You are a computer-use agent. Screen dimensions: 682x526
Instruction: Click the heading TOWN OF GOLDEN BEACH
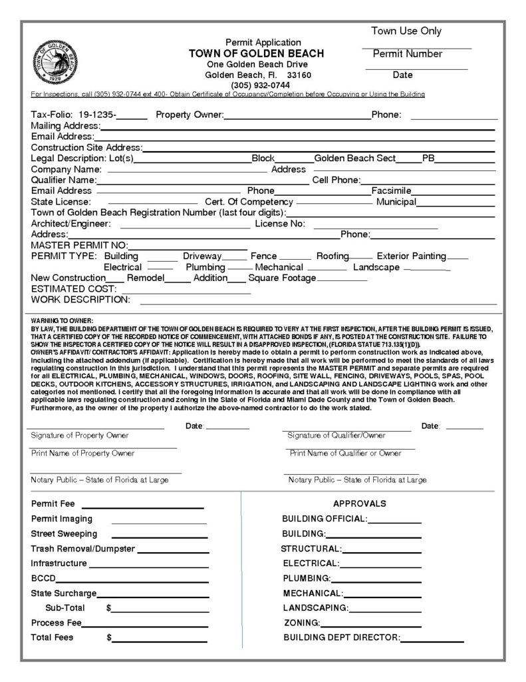coord(256,53)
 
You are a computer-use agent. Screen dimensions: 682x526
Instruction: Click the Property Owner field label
coord(189,115)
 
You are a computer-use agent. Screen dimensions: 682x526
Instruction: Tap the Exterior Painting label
coord(411,256)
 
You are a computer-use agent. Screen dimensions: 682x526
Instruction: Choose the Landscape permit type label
coord(376,267)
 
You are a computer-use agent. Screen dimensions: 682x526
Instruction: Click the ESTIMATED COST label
coord(74,289)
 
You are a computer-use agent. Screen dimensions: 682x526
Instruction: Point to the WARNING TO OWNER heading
coord(63,321)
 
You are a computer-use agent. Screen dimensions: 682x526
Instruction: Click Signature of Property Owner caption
coord(80,435)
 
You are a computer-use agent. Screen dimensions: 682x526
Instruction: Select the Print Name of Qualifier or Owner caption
coord(345,453)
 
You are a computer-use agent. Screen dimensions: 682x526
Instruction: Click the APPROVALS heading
coord(359,504)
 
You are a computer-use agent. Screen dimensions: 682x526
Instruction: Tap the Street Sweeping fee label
coord(64,533)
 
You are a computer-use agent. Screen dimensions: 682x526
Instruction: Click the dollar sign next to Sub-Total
coord(108,608)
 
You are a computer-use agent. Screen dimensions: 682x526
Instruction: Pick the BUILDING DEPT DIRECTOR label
coord(341,637)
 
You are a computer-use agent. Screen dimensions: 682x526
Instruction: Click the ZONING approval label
coord(301,623)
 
